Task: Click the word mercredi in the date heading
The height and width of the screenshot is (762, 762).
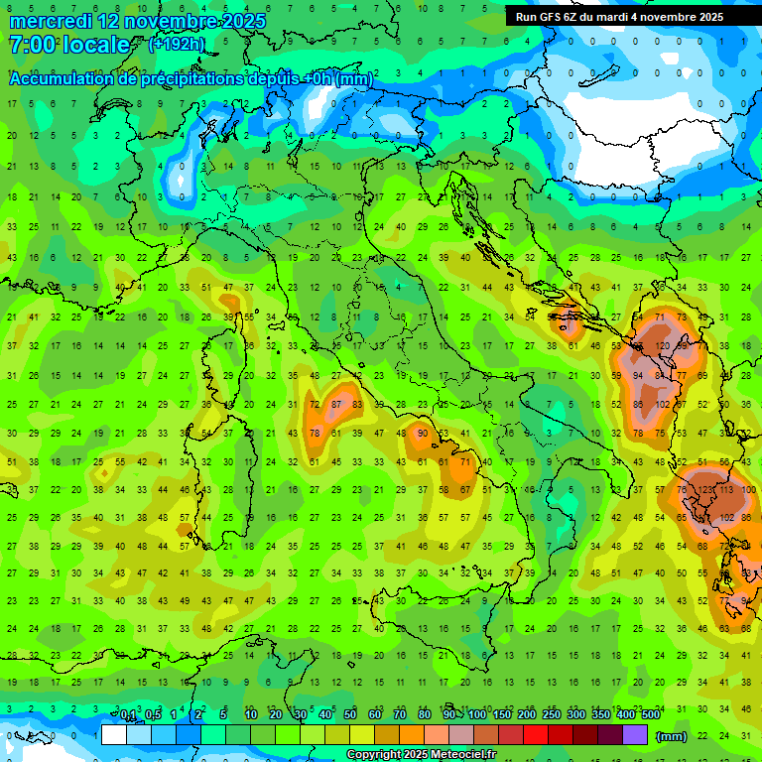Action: click(x=50, y=21)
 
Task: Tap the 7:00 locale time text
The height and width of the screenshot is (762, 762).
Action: click(x=68, y=45)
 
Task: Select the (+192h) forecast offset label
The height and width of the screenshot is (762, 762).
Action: click(x=177, y=44)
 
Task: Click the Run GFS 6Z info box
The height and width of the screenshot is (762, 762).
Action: click(x=619, y=17)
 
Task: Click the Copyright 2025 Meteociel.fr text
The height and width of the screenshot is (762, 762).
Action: click(x=421, y=754)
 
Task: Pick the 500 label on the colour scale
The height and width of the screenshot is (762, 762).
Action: click(x=651, y=715)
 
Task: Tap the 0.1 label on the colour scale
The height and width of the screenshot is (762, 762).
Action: click(x=128, y=715)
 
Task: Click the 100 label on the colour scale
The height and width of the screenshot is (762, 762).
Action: click(x=477, y=715)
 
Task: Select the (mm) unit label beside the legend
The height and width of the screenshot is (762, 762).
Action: click(x=672, y=736)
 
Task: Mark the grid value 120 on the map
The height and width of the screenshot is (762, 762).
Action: click(x=660, y=347)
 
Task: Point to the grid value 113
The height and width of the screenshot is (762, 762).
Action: click(x=727, y=489)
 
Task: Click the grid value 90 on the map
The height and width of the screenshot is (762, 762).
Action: click(x=423, y=433)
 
